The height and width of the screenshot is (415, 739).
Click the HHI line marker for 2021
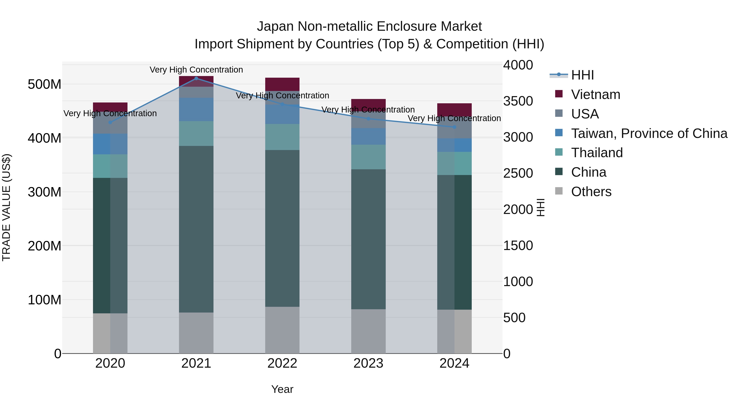coord(196,78)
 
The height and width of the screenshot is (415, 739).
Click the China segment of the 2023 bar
coord(368,239)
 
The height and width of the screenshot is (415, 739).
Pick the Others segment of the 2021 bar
coord(196,333)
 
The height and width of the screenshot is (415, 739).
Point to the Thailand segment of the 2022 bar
coord(282,137)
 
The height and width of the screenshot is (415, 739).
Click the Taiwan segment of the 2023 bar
coord(368,136)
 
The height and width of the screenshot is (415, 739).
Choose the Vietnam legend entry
coord(596,94)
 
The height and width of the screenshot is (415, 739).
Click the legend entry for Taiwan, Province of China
coord(649,133)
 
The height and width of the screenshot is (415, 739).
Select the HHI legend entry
coord(582,75)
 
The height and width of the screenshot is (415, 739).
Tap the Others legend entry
coord(591,192)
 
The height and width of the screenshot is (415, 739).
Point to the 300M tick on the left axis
coord(45,192)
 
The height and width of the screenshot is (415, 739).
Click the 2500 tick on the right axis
coord(518,173)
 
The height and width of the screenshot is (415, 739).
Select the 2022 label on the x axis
coord(282,363)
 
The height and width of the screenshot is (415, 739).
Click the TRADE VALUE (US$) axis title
coord(6,207)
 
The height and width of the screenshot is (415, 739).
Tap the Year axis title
coord(282,389)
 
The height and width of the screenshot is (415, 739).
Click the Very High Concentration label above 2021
coord(196,70)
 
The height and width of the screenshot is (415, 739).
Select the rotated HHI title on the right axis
coord(540,207)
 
